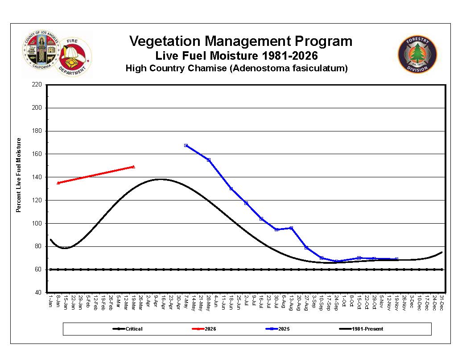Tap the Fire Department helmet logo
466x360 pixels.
[x=74, y=57]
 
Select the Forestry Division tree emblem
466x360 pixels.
[x=417, y=54]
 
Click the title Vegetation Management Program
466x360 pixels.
[x=240, y=41]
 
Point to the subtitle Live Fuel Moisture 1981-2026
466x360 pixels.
[x=236, y=56]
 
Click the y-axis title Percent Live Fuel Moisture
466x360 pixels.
[x=19, y=175]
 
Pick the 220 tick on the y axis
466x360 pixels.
[x=37, y=85]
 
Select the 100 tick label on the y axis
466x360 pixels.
[x=37, y=223]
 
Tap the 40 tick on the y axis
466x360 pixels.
[x=39, y=293]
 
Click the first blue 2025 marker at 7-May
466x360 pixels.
[x=186, y=145]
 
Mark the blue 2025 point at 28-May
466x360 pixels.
[x=209, y=160]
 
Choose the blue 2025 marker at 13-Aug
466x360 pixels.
[x=291, y=228]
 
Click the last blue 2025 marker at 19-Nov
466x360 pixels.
[x=396, y=259]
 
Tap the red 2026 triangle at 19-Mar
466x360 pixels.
[x=133, y=167]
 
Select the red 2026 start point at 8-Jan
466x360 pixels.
[x=58, y=183]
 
